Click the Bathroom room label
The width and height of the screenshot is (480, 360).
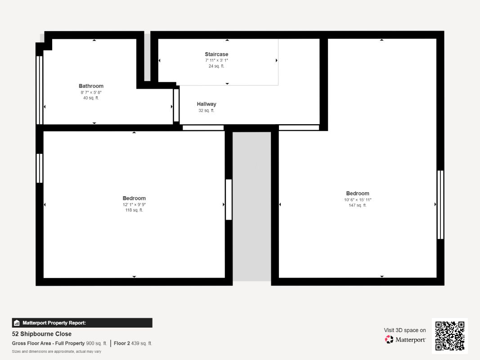coord(91,86)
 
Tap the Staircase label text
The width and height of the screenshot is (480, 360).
coord(216,54)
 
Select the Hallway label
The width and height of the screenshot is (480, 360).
coord(206,104)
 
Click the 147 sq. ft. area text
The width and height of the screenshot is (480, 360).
coord(358,205)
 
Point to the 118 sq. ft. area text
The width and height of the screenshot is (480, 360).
coord(134,210)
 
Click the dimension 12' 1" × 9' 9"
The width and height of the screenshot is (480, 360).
coord(134,204)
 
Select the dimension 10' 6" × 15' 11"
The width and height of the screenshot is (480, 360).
coord(358,200)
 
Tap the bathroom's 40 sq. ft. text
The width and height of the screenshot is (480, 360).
coord(91,98)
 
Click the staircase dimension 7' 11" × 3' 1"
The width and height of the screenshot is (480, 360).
coord(216,60)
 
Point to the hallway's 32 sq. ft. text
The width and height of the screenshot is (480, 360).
coord(206,110)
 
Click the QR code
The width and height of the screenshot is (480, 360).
coord(450,336)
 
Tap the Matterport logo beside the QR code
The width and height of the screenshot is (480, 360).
coord(405,340)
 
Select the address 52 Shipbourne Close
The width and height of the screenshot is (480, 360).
coord(41,334)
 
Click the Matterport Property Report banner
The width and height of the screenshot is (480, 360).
coord(82,323)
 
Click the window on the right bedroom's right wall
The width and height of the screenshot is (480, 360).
coord(440,205)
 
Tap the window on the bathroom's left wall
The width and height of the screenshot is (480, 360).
coord(39,90)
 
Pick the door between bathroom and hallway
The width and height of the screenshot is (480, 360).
coord(176,105)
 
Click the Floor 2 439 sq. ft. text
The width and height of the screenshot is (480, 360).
coord(133,343)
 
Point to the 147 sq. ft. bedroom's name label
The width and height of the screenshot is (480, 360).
coord(358,193)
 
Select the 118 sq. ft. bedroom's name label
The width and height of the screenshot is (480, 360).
coord(134,198)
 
